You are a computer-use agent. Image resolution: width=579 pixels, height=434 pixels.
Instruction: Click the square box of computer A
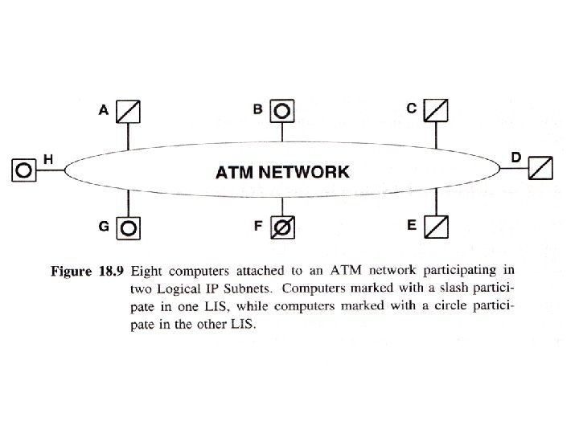(128, 112)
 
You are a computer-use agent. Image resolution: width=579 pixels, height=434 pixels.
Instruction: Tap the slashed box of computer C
(436, 111)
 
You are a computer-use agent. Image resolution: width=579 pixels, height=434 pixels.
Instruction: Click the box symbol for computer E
(436, 227)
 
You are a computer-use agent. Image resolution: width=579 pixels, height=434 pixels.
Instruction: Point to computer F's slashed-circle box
(282, 228)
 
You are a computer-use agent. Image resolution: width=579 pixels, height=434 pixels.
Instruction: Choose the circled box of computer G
(128, 228)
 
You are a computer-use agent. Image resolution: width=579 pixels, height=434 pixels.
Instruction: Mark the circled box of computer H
(24, 170)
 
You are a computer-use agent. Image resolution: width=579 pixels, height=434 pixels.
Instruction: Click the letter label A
(103, 112)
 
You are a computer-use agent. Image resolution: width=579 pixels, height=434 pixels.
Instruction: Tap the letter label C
(411, 108)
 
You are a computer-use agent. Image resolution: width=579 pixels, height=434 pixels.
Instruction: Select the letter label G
(103, 227)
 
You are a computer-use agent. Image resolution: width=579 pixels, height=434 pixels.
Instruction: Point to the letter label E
(411, 226)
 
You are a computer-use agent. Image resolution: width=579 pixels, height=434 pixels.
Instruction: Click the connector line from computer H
(50, 170)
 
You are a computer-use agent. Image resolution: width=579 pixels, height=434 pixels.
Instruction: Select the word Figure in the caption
(72, 271)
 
